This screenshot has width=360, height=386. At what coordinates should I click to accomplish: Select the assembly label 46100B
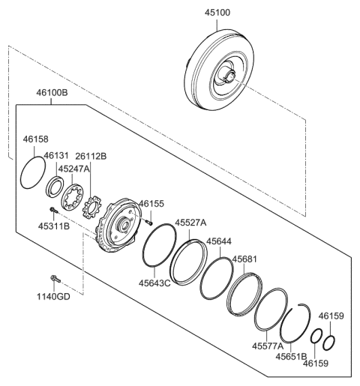(x=51, y=94)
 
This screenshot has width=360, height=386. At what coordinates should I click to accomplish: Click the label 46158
(x=35, y=139)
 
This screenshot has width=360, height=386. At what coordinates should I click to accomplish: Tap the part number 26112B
(x=91, y=156)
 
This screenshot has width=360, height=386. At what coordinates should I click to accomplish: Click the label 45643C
(x=154, y=283)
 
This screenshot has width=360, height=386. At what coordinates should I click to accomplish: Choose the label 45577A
(x=268, y=346)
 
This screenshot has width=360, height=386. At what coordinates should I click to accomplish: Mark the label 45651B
(x=292, y=358)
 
